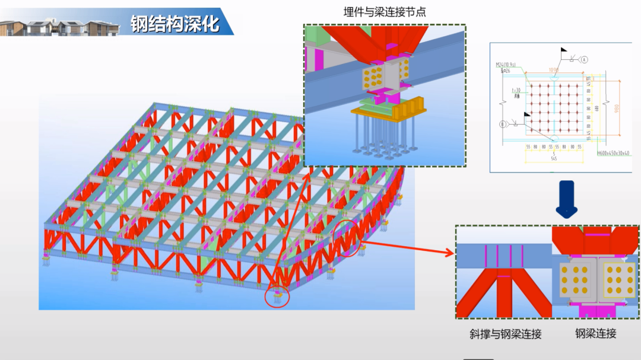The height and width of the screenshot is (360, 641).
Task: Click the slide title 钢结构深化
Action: pos(175,23)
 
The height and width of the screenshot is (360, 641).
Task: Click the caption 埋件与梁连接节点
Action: pos(384,12)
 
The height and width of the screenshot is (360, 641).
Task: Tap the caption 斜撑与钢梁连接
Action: pos(502,334)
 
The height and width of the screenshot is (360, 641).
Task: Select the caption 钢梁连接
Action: pos(595,333)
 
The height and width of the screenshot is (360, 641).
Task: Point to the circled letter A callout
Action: pos(584,59)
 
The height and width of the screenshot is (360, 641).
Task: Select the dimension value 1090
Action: pos(554,69)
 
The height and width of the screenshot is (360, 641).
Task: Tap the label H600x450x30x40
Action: pos(614,153)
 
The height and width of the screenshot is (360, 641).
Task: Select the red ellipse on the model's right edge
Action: pos(350,238)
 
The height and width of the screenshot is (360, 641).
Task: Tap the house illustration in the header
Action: pos(59,27)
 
